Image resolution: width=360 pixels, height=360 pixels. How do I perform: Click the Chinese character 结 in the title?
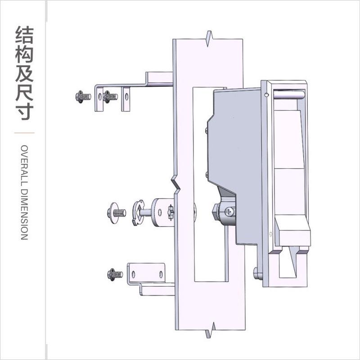click(25, 35)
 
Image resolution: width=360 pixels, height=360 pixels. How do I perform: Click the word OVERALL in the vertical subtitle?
click(24, 162)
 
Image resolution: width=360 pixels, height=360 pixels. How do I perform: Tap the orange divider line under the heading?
click(25, 133)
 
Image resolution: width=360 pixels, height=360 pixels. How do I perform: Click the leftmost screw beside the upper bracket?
click(83, 96)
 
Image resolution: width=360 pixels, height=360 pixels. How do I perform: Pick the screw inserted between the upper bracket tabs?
click(110, 96)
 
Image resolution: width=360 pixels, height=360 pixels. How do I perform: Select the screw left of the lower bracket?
click(115, 273)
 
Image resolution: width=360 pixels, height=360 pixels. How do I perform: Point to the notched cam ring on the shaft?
click(139, 212)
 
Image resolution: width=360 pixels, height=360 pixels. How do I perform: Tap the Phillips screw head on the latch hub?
click(230, 210)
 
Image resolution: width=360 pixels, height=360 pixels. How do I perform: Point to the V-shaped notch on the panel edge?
click(176, 184)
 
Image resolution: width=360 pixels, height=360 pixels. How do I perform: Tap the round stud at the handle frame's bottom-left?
click(257, 273)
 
